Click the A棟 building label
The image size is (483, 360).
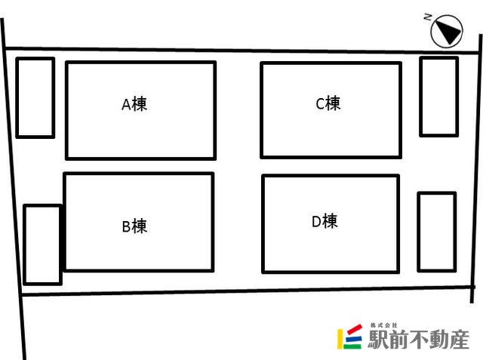(134, 105)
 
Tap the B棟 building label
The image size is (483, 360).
(134, 226)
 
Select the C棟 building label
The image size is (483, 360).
(328, 103)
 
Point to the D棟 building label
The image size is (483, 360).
(325, 221)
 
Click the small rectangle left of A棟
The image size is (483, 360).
(35, 97)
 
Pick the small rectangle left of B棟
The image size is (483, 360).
(42, 244)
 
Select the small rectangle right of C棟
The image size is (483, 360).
(438, 96)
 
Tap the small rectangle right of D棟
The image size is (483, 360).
(436, 232)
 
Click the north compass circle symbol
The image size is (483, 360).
(446, 32)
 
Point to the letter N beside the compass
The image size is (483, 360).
(428, 16)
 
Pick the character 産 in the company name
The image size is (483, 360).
(457, 339)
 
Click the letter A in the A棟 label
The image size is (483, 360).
(126, 105)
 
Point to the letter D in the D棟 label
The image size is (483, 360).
(317, 221)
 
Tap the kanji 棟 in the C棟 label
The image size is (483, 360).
(334, 103)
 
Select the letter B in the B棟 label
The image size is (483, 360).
(126, 226)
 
